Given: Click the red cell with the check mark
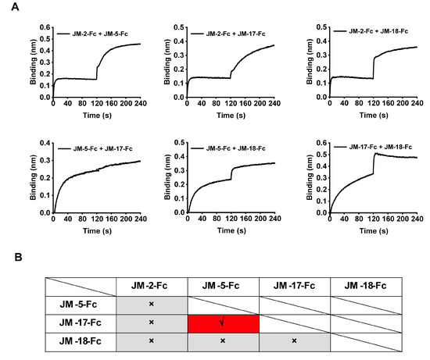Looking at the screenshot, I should [223, 322].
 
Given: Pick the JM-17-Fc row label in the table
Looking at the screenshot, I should [78, 322].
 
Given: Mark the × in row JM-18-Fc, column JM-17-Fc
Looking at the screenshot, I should [295, 340].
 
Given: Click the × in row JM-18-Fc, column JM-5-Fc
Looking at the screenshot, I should [223, 340].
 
